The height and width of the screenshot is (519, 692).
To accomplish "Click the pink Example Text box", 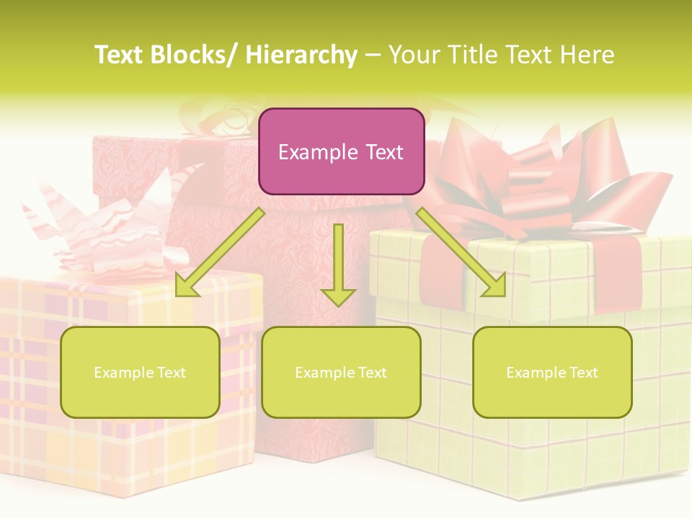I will point(341,151).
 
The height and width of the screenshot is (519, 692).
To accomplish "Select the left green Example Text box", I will point(140,372).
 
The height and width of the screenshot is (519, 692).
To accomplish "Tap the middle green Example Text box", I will point(340,372).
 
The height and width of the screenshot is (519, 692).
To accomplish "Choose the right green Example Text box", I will point(552,372).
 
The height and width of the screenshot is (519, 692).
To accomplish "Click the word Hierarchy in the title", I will point(301,56).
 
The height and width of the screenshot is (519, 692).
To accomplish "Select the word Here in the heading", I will point(588,56).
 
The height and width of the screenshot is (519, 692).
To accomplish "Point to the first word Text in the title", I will point(120,56).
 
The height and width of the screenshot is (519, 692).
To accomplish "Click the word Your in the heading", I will point(413,56).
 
